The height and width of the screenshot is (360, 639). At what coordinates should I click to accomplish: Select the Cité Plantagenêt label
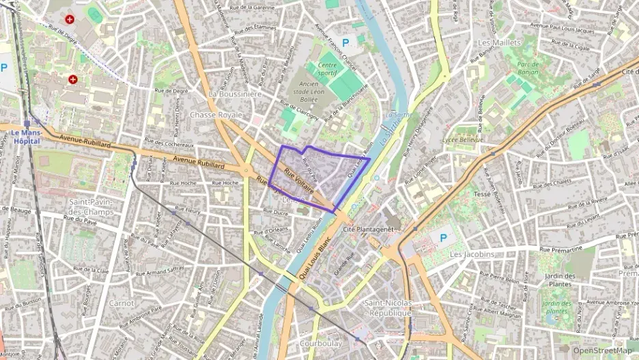coord(369,230)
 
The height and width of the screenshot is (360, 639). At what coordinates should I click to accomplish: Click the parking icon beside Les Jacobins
coord(443,238)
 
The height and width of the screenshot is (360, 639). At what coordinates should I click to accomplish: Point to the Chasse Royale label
coord(216,115)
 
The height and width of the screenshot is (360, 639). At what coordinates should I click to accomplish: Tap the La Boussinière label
coord(235,94)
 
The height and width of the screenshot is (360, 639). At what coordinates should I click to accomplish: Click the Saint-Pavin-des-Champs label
coord(91,207)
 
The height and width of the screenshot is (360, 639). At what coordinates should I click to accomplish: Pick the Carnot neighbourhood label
coord(122,303)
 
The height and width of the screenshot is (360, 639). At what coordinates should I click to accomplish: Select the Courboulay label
coord(321,344)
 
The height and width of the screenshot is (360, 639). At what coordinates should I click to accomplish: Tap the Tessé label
coord(482,194)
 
